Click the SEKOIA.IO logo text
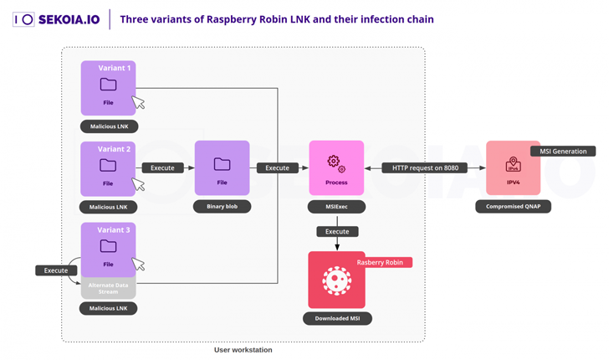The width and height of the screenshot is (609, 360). click(69, 19)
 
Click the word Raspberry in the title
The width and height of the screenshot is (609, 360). click(221, 19)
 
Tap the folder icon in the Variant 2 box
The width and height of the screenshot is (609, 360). click(108, 165)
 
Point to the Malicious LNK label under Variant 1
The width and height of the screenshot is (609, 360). click(108, 126)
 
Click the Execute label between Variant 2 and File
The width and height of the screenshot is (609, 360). click(162, 167)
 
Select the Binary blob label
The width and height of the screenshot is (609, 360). click(222, 206)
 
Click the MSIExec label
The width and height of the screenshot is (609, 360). click(336, 206)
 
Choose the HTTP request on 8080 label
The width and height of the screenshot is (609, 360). click(425, 167)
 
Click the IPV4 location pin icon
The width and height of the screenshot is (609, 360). click(513, 164)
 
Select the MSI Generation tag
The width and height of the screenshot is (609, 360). click(563, 152)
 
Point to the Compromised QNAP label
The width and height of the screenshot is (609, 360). click(513, 206)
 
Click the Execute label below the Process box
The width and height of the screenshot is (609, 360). click(337, 231)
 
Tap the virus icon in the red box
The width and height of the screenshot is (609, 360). click(336, 280)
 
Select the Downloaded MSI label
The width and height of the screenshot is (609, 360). click(336, 318)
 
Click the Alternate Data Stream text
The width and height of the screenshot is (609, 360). click(108, 289)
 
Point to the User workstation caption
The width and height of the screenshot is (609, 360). click(243, 350)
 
